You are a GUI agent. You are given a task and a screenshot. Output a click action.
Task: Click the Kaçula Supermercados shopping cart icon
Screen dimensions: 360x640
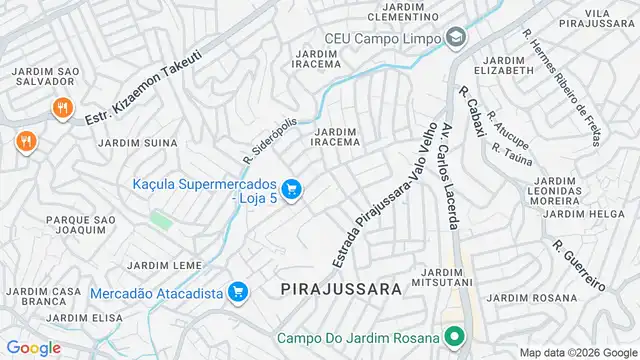point(292,189)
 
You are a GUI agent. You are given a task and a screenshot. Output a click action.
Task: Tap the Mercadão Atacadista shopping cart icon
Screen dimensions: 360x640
point(238,292)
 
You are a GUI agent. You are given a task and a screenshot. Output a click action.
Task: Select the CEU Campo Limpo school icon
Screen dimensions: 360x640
point(456,38)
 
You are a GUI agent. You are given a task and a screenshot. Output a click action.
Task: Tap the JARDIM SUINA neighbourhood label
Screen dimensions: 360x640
point(138,143)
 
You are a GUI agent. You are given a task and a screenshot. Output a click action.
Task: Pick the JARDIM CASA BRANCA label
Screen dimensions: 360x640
point(43,296)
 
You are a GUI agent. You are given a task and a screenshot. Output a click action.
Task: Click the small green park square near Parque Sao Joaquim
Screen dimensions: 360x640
point(160,219)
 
